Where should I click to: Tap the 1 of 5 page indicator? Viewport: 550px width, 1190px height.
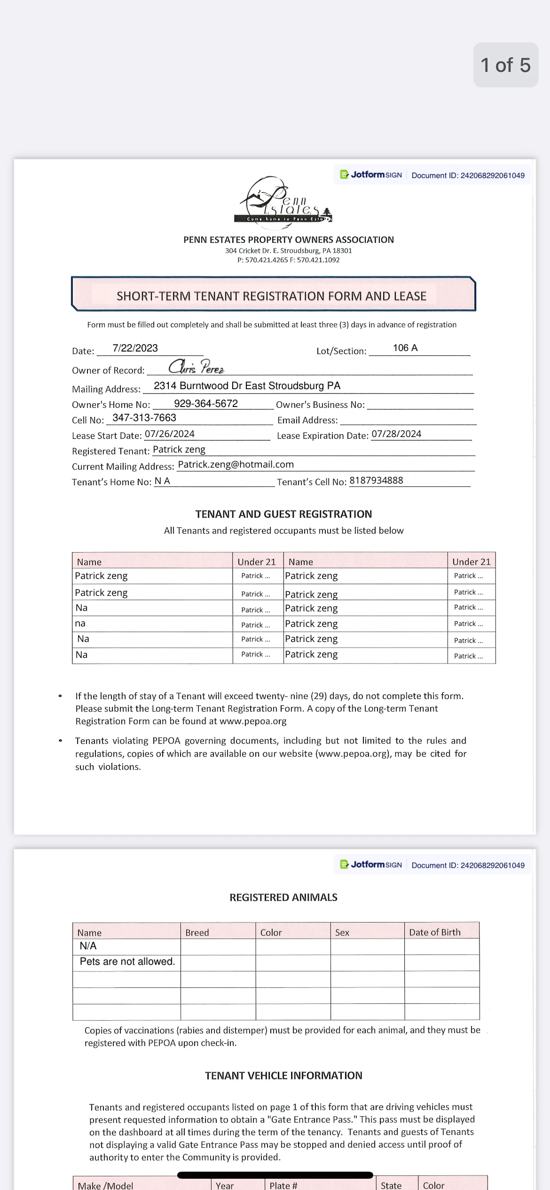pyautogui.click(x=505, y=65)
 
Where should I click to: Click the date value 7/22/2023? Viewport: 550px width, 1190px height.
pyautogui.click(x=135, y=348)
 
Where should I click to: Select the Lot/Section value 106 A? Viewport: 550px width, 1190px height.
pyautogui.click(x=405, y=348)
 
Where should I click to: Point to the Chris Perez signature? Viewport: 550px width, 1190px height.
pyautogui.click(x=196, y=367)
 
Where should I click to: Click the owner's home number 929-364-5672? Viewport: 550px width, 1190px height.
pyautogui.click(x=205, y=404)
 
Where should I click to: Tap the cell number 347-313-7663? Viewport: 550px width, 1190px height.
pyautogui.click(x=144, y=418)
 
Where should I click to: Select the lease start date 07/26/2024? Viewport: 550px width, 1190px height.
pyautogui.click(x=169, y=434)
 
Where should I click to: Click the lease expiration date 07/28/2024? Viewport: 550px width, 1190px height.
pyautogui.click(x=396, y=434)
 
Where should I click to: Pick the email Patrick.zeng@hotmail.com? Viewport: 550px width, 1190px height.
pyautogui.click(x=236, y=464)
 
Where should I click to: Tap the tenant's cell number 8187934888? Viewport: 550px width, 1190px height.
pyautogui.click(x=376, y=480)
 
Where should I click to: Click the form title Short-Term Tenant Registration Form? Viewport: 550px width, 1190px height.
pyautogui.click(x=271, y=296)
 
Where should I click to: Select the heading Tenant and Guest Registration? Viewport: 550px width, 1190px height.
pyautogui.click(x=283, y=514)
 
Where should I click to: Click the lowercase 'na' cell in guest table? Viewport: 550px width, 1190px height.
pyautogui.click(x=80, y=624)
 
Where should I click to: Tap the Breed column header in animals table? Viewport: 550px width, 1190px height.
pyautogui.click(x=197, y=932)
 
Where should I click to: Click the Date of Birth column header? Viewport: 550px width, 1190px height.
pyautogui.click(x=435, y=932)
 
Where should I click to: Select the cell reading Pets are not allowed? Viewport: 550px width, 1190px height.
pyautogui.click(x=127, y=962)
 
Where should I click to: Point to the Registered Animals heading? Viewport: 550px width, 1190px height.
pyautogui.click(x=283, y=897)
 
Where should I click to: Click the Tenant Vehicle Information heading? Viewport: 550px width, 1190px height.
pyautogui.click(x=283, y=1075)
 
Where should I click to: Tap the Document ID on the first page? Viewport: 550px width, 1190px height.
pyautogui.click(x=468, y=175)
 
